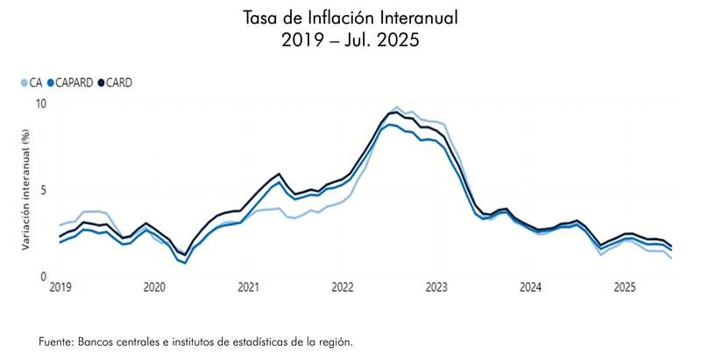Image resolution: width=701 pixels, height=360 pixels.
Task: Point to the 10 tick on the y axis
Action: [40, 103]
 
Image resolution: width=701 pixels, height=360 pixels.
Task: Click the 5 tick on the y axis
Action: [43, 190]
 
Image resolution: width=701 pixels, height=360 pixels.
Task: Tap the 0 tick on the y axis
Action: [43, 277]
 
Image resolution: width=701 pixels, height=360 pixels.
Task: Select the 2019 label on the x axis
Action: [60, 287]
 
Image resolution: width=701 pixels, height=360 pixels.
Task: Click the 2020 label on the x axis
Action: [154, 287]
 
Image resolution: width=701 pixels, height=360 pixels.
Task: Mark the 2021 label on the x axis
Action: [248, 287]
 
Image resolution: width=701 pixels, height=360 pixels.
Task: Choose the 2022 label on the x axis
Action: [343, 287]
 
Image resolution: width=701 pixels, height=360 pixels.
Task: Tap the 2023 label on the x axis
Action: [436, 287]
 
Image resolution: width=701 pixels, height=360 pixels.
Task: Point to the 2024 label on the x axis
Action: [530, 287]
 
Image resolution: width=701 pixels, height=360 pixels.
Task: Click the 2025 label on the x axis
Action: [625, 287]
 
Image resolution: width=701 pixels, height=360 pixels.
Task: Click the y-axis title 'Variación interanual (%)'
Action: [26, 190]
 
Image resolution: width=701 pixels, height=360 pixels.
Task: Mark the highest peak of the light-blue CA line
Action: [397, 107]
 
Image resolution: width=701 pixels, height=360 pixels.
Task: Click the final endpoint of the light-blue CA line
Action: [671, 258]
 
